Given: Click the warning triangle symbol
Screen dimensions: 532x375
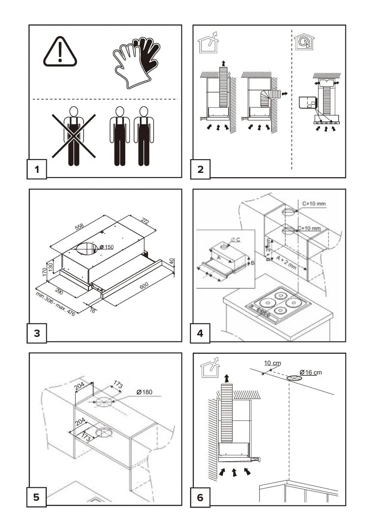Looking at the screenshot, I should tap(60, 53).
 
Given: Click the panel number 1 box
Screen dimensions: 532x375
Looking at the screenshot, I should tap(37, 169).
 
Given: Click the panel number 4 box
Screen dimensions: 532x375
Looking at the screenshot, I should tap(200, 332).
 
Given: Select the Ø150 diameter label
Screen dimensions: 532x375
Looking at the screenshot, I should tap(107, 247).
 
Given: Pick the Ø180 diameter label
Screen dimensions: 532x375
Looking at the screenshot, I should tap(144, 392).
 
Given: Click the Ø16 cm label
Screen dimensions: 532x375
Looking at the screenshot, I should tap(311, 372).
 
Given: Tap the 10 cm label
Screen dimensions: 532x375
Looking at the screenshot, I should tap(272, 363).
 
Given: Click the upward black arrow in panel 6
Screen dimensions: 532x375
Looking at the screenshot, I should tap(226, 378).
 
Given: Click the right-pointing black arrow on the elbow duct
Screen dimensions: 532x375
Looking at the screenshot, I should tap(284, 94).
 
